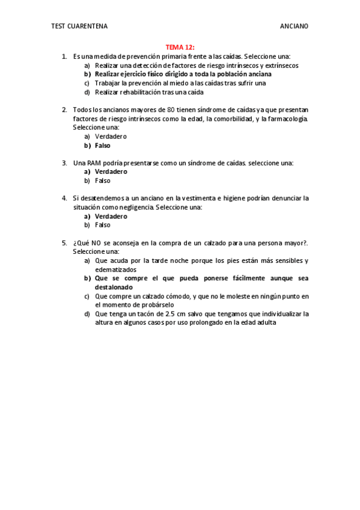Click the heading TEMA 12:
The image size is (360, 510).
[180, 47]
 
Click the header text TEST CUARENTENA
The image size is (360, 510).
[79, 26]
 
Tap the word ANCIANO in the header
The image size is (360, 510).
[294, 26]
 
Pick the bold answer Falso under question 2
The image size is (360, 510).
[103, 146]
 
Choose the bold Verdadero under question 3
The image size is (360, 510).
[111, 172]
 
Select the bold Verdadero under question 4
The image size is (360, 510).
[111, 216]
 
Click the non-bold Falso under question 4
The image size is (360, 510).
[103, 225]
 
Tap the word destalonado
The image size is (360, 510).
[115, 287]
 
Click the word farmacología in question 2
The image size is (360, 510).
[286, 119]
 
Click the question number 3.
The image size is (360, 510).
[64, 163]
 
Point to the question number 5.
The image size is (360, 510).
[64, 243]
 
